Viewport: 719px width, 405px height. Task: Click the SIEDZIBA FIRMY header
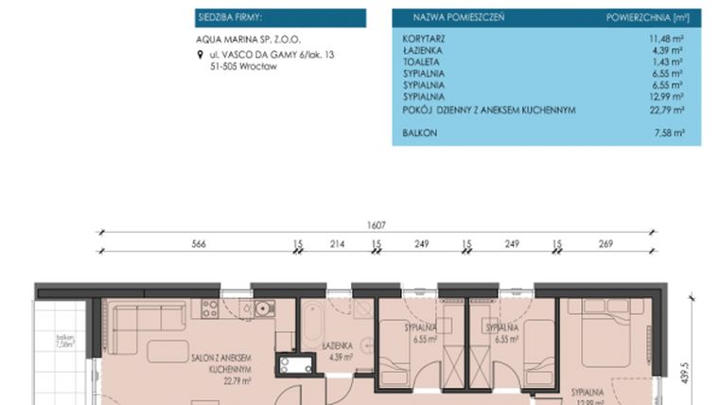[x=229, y=17]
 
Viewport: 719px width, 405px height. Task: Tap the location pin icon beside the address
[x=199, y=56]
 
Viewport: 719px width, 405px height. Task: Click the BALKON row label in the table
[x=419, y=133]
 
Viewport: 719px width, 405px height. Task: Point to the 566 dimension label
[x=198, y=245]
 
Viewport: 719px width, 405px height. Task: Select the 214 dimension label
[x=337, y=245]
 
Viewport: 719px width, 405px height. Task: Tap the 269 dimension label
[x=605, y=245]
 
